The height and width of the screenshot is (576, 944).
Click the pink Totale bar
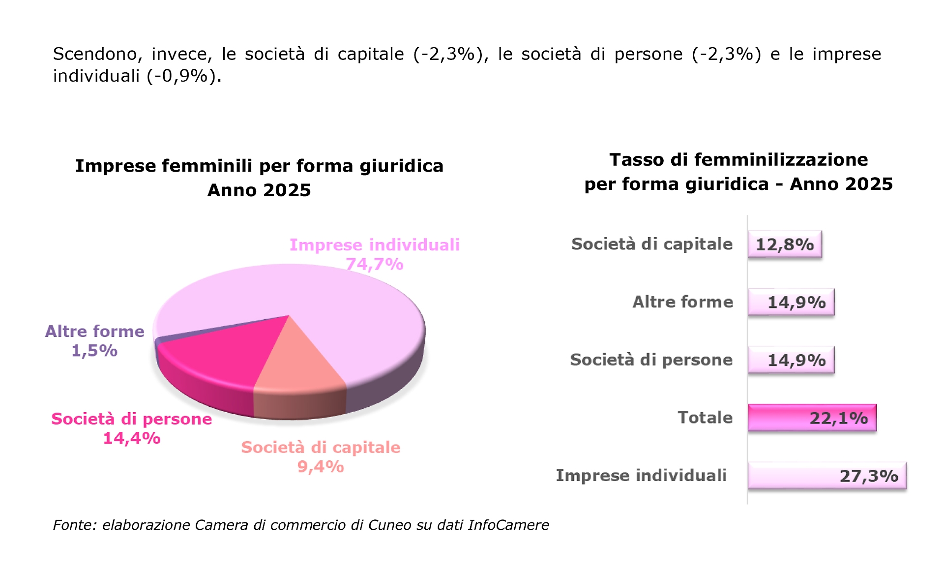click(812, 418)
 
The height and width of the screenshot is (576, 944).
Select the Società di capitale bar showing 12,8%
click(785, 244)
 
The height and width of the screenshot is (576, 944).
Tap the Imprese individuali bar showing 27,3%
click(827, 476)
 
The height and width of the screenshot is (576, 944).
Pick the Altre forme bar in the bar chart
click(791, 302)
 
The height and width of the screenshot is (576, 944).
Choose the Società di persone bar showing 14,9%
click(791, 360)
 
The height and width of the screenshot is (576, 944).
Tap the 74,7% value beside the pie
click(375, 265)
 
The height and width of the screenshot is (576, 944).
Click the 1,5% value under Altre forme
click(94, 351)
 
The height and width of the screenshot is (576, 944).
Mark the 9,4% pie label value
click(321, 466)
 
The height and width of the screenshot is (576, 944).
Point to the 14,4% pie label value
click(132, 438)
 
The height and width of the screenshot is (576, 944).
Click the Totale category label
click(705, 418)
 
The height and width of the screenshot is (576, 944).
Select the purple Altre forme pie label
click(94, 332)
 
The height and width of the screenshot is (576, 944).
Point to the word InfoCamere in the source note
click(508, 525)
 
